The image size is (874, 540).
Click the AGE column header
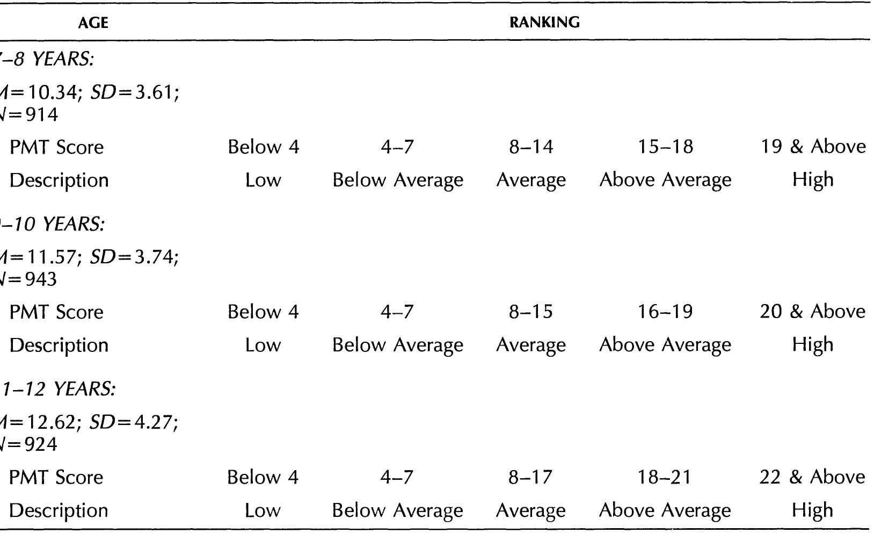tap(93, 23)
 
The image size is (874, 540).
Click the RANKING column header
tap(544, 23)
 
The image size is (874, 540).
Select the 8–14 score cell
tap(531, 147)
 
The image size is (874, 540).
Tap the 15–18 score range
tap(666, 147)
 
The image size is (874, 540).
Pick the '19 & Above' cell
tap(813, 147)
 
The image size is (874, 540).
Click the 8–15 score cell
tap(531, 312)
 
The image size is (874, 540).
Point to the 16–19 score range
tap(666, 312)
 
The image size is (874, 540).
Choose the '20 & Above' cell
tap(812, 312)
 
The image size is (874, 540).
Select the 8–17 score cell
tap(531, 477)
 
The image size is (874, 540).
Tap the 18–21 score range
tap(666, 477)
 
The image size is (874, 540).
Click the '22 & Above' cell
tap(812, 477)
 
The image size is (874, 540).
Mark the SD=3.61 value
tap(135, 92)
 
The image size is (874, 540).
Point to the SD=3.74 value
tap(134, 257)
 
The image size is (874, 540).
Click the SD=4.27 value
tap(134, 423)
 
